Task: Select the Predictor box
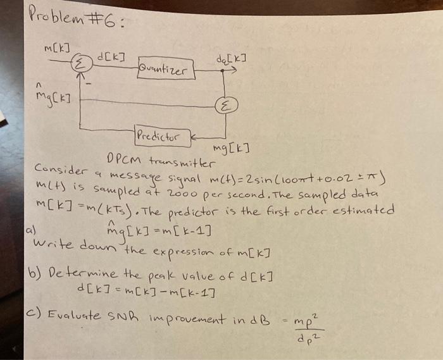coord(158,135)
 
